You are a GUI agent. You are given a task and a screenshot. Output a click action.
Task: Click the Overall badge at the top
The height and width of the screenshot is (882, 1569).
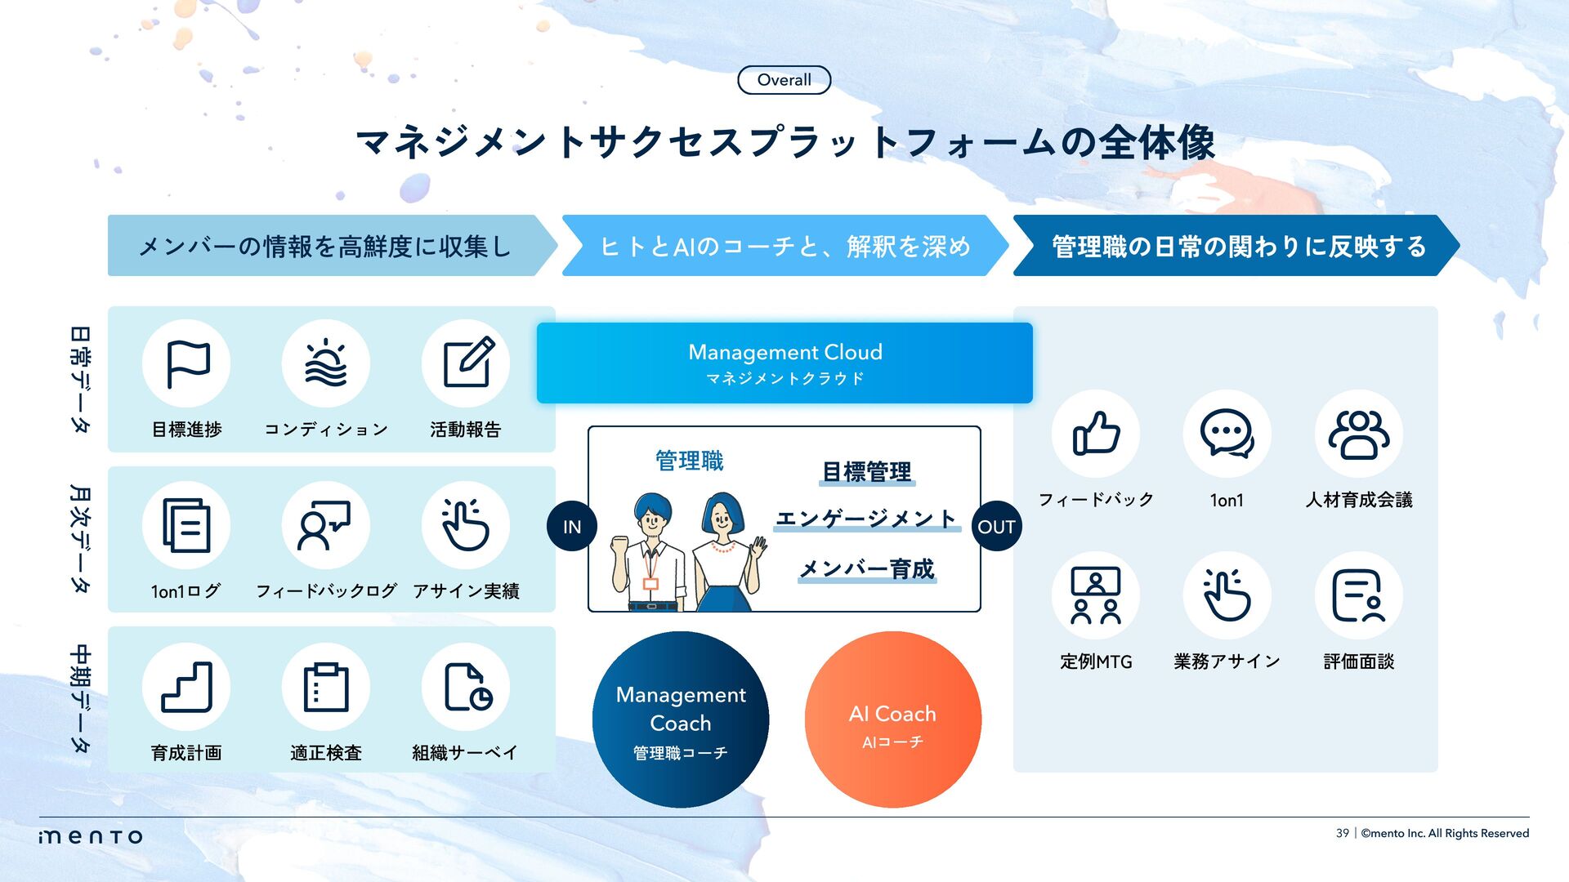point(784,80)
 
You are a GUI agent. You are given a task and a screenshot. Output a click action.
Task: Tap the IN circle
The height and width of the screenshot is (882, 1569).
point(571,527)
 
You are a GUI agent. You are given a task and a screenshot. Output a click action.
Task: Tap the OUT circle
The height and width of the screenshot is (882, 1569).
point(996,527)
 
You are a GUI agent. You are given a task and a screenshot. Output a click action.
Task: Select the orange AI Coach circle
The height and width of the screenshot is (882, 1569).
point(892,719)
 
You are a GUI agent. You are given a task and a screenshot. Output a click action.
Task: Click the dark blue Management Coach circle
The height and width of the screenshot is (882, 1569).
point(680,719)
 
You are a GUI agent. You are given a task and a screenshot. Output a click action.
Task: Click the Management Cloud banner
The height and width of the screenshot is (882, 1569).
point(784,363)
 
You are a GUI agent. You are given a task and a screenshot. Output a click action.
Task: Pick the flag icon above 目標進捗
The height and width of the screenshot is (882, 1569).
point(187,363)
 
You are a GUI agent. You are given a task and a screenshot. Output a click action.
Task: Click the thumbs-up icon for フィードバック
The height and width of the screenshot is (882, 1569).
point(1096,434)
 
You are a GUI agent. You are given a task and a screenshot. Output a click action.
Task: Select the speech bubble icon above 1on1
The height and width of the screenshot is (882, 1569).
point(1227,434)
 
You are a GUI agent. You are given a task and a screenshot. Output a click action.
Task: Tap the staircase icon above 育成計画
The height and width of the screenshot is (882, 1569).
point(187,687)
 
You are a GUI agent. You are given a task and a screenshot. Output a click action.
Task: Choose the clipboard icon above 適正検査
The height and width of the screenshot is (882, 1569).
point(326,687)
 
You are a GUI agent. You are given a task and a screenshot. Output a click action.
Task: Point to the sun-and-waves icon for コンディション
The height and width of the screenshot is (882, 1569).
point(326,363)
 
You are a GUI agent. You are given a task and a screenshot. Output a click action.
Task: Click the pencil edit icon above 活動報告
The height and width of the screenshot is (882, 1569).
point(466,363)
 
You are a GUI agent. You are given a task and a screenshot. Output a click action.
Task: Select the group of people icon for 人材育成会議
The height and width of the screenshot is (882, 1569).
point(1358,434)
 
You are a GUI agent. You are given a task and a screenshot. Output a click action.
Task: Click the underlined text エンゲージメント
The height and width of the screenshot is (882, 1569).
point(865,519)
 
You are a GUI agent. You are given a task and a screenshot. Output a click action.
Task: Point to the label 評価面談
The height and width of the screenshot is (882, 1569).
point(1358,661)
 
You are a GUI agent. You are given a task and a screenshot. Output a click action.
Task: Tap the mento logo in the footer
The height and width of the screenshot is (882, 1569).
point(91,836)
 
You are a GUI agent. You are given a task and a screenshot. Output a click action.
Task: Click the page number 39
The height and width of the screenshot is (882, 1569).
point(1342,833)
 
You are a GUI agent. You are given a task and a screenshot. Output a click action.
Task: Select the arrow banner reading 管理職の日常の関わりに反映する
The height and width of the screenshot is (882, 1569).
point(1234,246)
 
